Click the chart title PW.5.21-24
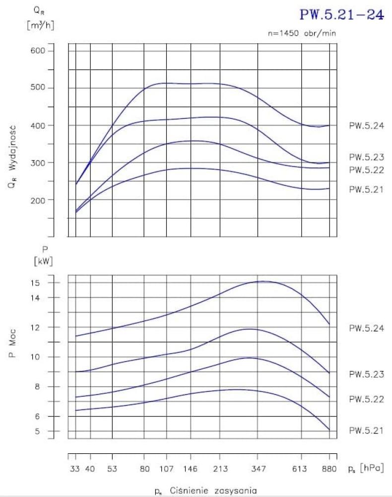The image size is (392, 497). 342,14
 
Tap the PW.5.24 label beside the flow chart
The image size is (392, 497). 366,126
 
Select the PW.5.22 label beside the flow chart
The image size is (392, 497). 366,170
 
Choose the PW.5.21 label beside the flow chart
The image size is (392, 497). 366,189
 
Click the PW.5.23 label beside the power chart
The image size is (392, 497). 366,374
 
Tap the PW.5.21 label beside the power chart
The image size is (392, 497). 366,430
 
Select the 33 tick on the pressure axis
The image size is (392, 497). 75,469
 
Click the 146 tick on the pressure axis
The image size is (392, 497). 191,469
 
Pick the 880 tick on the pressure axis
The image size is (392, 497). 329,469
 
